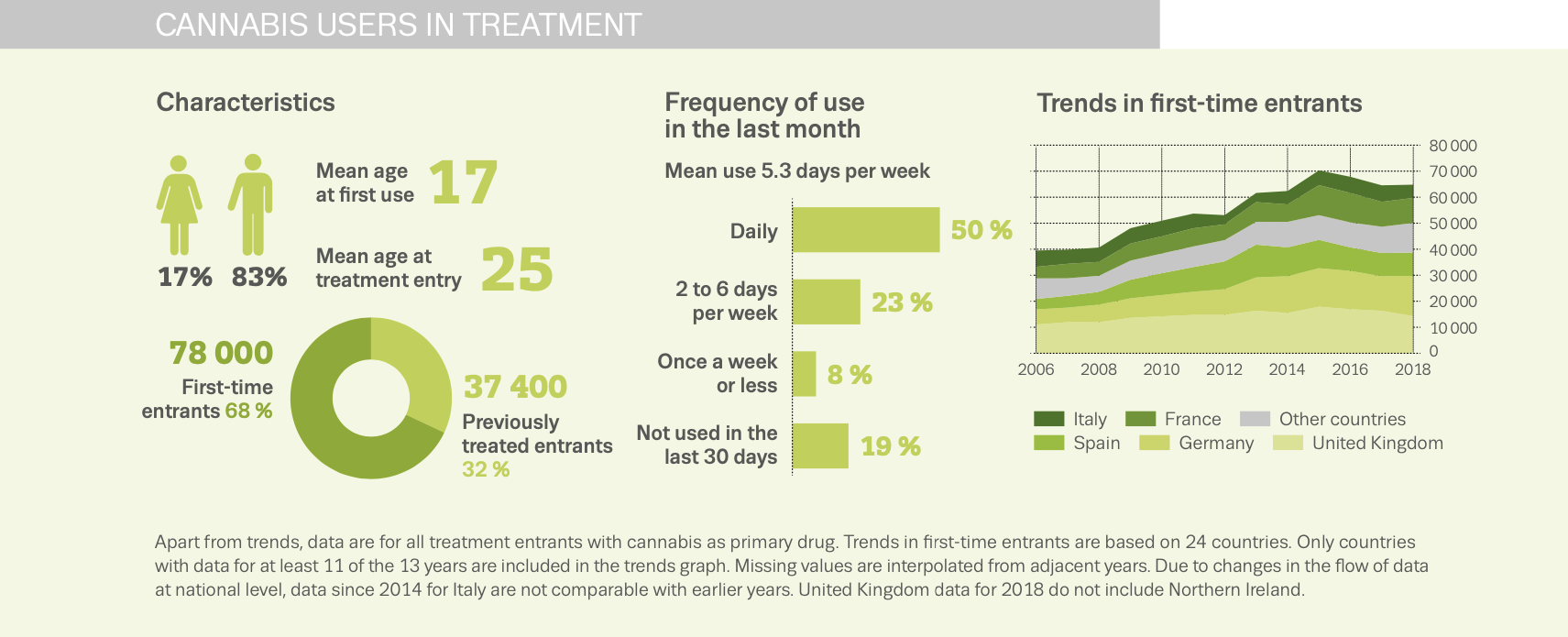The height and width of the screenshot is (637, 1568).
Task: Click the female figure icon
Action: click(x=179, y=205)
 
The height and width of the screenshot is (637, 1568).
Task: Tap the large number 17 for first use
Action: click(x=463, y=182)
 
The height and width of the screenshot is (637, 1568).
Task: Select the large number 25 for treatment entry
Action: click(x=516, y=269)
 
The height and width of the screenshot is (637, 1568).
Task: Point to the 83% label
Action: click(x=258, y=277)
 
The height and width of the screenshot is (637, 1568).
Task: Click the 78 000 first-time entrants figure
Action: click(x=221, y=353)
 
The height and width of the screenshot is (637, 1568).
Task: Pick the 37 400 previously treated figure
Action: click(x=515, y=387)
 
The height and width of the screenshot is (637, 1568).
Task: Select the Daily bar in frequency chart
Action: click(x=865, y=229)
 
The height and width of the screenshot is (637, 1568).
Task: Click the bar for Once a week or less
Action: click(x=804, y=374)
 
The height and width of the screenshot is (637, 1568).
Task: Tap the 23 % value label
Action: click(x=902, y=302)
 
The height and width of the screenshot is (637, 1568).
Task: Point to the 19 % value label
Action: click(x=890, y=446)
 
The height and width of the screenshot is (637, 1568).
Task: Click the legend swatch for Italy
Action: click(x=1048, y=419)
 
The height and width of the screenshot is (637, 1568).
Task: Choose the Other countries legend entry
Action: click(x=1342, y=419)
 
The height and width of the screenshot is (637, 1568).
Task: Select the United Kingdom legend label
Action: click(x=1376, y=443)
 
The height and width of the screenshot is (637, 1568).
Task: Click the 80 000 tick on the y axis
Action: click(x=1453, y=146)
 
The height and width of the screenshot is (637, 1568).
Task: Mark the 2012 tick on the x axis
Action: click(x=1223, y=369)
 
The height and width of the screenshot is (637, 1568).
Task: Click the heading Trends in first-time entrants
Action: click(x=1199, y=104)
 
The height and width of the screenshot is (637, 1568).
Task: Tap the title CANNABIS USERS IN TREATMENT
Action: click(x=398, y=25)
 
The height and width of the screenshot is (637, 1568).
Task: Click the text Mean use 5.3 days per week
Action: click(x=796, y=171)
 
